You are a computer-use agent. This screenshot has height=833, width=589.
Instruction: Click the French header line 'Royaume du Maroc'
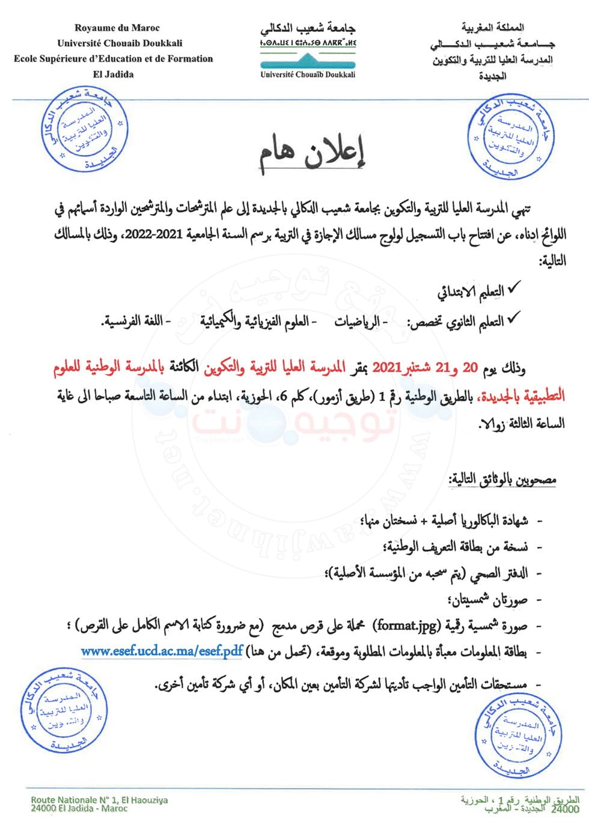coord(117,28)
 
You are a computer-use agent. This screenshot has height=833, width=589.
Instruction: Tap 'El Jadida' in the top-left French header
coord(114,75)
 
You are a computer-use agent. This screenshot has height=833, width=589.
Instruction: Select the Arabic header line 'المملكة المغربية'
coord(492,28)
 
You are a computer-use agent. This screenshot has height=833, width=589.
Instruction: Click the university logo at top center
coord(308,47)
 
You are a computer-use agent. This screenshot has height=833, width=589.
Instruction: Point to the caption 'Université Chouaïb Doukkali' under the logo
coord(308,75)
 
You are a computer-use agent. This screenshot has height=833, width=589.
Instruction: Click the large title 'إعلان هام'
coord(313,155)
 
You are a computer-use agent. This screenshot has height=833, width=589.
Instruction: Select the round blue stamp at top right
coord(510,136)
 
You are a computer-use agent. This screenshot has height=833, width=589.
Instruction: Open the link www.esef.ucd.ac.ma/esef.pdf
coord(162,651)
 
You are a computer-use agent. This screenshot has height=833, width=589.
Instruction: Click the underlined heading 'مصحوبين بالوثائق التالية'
coord(502,480)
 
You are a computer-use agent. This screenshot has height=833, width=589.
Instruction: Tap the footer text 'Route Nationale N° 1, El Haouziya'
coord(99,800)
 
